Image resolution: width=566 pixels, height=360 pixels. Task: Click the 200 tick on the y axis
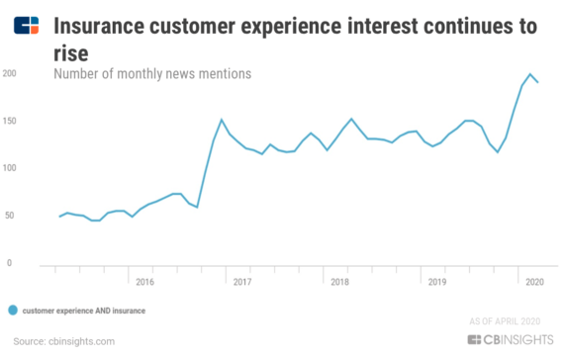pos(8,73)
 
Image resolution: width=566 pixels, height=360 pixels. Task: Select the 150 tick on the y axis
pos(8,121)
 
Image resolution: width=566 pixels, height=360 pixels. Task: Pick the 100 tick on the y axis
pos(8,168)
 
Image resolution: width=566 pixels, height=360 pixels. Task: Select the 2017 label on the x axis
pos(239,282)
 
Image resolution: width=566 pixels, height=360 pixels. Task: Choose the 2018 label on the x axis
pos(340,282)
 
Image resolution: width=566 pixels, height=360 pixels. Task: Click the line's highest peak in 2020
pos(530,74)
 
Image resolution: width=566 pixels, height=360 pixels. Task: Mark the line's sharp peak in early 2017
pos(221,120)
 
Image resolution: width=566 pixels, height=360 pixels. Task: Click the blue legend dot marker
pos(12,310)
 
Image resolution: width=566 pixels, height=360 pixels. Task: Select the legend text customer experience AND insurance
pos(84,310)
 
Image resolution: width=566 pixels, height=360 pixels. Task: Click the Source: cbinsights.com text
pos(58,341)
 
